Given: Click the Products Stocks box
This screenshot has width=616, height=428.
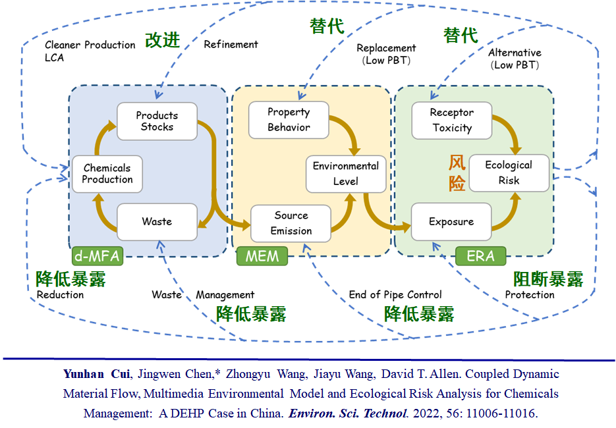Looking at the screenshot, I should pos(157,121).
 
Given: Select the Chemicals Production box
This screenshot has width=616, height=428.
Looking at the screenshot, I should pos(107,174).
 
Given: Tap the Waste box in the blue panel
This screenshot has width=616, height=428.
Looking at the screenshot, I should pos(157,222).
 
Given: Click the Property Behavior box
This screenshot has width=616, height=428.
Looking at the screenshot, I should pos(289,120).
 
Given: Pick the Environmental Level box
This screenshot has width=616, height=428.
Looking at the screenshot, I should pos(345,174).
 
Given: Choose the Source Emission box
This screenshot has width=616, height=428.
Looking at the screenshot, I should pos(291,223).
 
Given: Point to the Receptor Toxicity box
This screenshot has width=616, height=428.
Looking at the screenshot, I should pos(451,120).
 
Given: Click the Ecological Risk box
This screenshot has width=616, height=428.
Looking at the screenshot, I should pos(509,173).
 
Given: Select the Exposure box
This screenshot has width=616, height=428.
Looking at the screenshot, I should pos(451,222).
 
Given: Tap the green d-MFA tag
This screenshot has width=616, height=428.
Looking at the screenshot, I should pos(98,255).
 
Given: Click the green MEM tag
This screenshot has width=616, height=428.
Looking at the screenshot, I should pos(262,255).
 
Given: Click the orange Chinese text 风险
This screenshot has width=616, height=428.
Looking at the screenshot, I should pos(457,173).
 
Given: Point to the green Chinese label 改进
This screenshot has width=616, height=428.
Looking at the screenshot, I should pos(162,40).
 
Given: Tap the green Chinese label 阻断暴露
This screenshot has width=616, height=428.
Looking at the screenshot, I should pos(547,279).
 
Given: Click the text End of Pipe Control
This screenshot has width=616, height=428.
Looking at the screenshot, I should pos(395,294).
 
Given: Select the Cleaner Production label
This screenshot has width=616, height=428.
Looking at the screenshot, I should pos(90,45).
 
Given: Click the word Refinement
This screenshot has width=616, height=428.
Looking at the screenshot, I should pos(231,45).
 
